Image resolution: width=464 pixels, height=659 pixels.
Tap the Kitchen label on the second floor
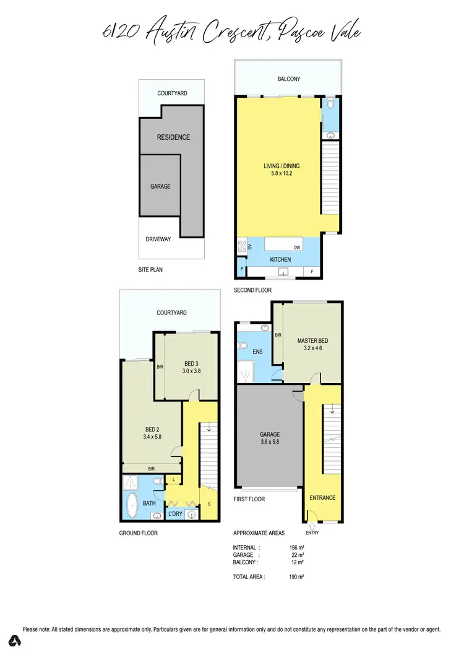(280, 259)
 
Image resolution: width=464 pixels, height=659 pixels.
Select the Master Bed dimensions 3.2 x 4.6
(312, 348)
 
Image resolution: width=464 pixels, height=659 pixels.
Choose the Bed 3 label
(192, 363)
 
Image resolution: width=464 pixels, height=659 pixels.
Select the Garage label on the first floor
(270, 434)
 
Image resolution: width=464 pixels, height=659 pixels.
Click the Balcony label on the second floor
(288, 79)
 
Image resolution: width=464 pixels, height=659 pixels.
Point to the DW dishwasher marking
(297, 247)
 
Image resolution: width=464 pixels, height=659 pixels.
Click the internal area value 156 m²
(297, 548)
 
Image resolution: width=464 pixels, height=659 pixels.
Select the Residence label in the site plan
(173, 137)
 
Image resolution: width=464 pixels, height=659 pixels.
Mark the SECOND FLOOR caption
(252, 290)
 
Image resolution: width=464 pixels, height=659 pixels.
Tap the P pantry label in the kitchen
(241, 270)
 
